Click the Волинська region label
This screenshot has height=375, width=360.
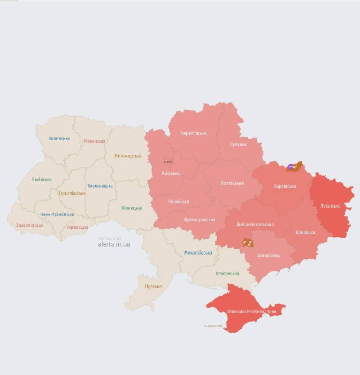click(x=59, y=138)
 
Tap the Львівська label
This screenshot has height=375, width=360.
click(x=42, y=179)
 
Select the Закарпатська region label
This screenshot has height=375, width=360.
click(x=30, y=225)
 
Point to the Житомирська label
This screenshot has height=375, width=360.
click(x=128, y=156)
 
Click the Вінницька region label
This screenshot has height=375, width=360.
click(x=132, y=208)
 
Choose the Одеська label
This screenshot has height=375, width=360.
click(x=153, y=286)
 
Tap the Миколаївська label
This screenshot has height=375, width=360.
click(x=198, y=253)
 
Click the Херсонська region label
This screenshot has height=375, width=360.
click(x=227, y=273)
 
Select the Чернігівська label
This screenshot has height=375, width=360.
click(x=194, y=133)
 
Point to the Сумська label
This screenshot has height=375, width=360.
click(x=238, y=144)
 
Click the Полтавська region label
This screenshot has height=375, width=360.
click(x=232, y=183)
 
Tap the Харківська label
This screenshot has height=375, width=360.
click(x=285, y=186)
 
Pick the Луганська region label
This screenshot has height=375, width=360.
click(x=330, y=205)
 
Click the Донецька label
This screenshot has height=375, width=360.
click(x=305, y=232)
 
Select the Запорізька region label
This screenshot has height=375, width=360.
click(x=268, y=255)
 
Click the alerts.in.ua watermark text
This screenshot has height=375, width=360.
click(x=114, y=244)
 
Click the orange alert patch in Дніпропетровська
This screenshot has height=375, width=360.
click(x=247, y=242)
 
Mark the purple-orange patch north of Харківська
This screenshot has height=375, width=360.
click(x=295, y=166)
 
